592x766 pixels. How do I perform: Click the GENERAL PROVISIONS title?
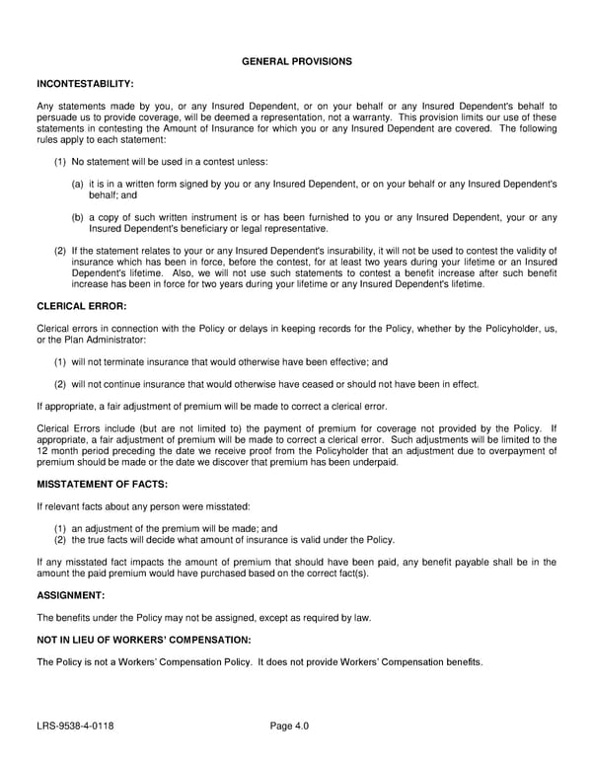tap(296, 61)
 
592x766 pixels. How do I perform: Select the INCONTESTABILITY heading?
tap(85, 84)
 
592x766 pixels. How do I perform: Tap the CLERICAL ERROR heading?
tap(81, 306)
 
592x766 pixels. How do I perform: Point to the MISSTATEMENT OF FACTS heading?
tap(102, 484)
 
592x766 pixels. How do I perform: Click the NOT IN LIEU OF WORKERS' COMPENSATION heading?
tap(144, 640)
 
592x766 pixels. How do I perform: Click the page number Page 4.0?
tap(289, 727)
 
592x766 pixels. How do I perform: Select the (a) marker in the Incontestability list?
tap(77, 184)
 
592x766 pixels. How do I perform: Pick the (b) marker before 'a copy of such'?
tap(77, 217)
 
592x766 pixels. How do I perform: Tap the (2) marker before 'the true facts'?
tap(60, 540)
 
